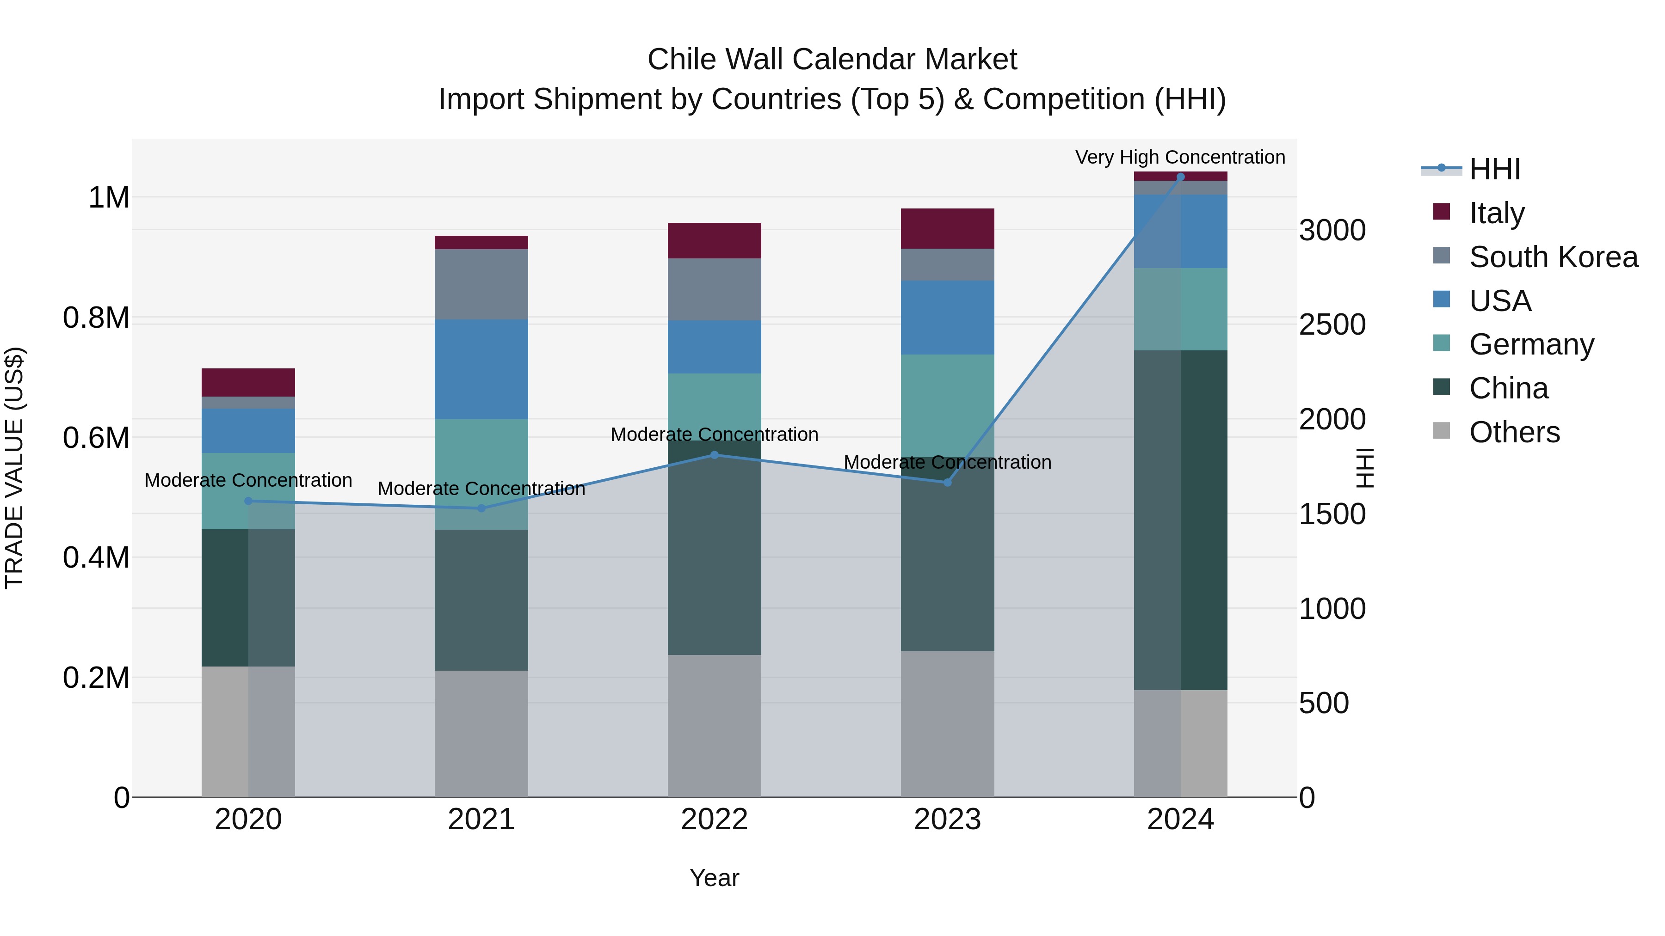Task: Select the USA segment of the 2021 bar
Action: (x=481, y=369)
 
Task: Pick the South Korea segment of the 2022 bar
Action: (x=714, y=289)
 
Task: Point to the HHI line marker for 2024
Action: (x=1180, y=177)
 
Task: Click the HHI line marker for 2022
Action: (x=714, y=455)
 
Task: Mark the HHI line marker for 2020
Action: (x=248, y=501)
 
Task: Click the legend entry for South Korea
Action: (x=1553, y=257)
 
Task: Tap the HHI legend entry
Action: (x=1494, y=169)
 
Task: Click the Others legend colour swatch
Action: (x=1441, y=431)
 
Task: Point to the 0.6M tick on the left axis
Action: (x=96, y=438)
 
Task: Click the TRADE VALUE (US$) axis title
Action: (x=14, y=468)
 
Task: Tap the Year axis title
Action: (x=714, y=878)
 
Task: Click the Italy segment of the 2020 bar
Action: (x=248, y=382)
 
